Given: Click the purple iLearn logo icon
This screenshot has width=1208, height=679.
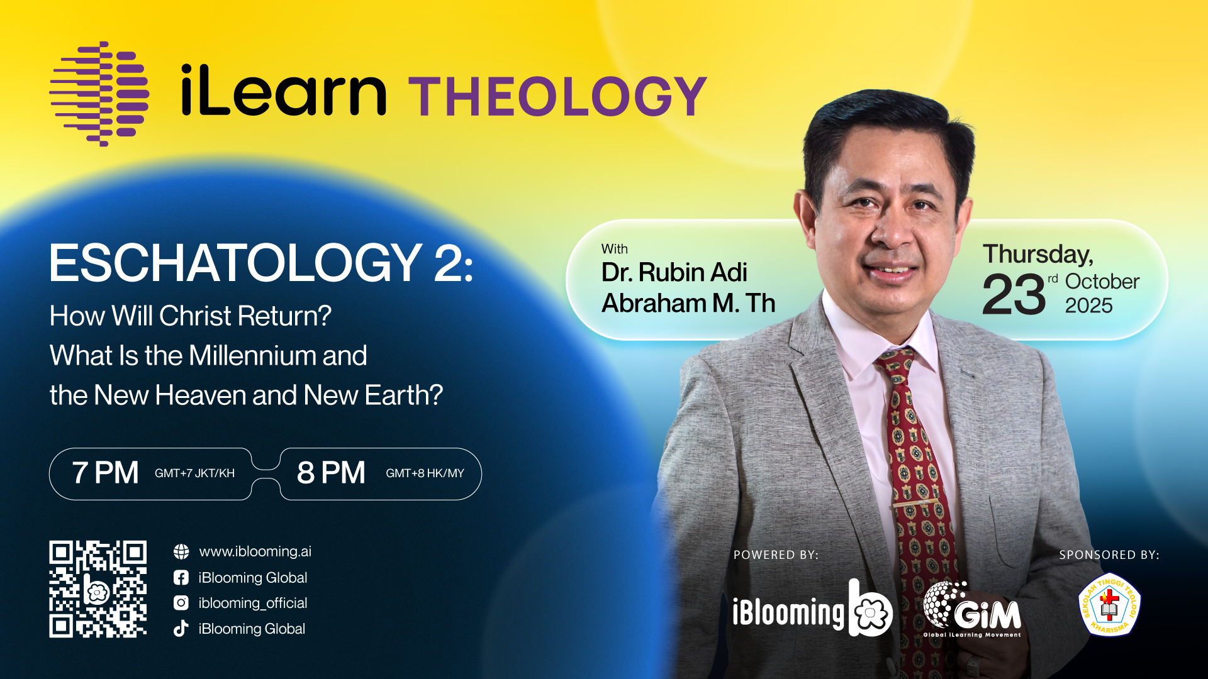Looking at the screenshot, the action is tap(99, 94).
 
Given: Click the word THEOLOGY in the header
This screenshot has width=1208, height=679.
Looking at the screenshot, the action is tap(558, 96).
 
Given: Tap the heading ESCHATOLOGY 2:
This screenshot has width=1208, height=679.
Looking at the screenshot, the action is tap(261, 263).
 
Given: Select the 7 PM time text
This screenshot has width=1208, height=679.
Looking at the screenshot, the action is tap(105, 473).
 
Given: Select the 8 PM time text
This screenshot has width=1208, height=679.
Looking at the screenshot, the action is tap(331, 473).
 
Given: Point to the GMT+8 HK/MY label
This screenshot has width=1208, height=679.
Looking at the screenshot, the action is tap(425, 473).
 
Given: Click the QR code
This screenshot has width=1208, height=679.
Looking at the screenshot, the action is tap(98, 589).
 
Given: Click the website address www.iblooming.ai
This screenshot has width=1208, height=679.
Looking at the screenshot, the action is tap(255, 551).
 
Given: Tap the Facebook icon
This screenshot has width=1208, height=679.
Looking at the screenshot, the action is tap(181, 578).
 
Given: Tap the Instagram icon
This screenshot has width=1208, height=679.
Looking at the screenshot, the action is tap(181, 603).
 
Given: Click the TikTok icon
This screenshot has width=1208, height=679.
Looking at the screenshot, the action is tap(181, 629).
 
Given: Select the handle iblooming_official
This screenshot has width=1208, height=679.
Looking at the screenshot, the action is tap(253, 603).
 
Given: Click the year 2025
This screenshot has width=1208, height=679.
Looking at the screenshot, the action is tap(1088, 306).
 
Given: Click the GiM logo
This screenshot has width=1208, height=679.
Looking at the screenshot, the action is tap(972, 609).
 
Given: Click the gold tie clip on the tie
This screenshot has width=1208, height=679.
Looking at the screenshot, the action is tap(919, 504).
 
